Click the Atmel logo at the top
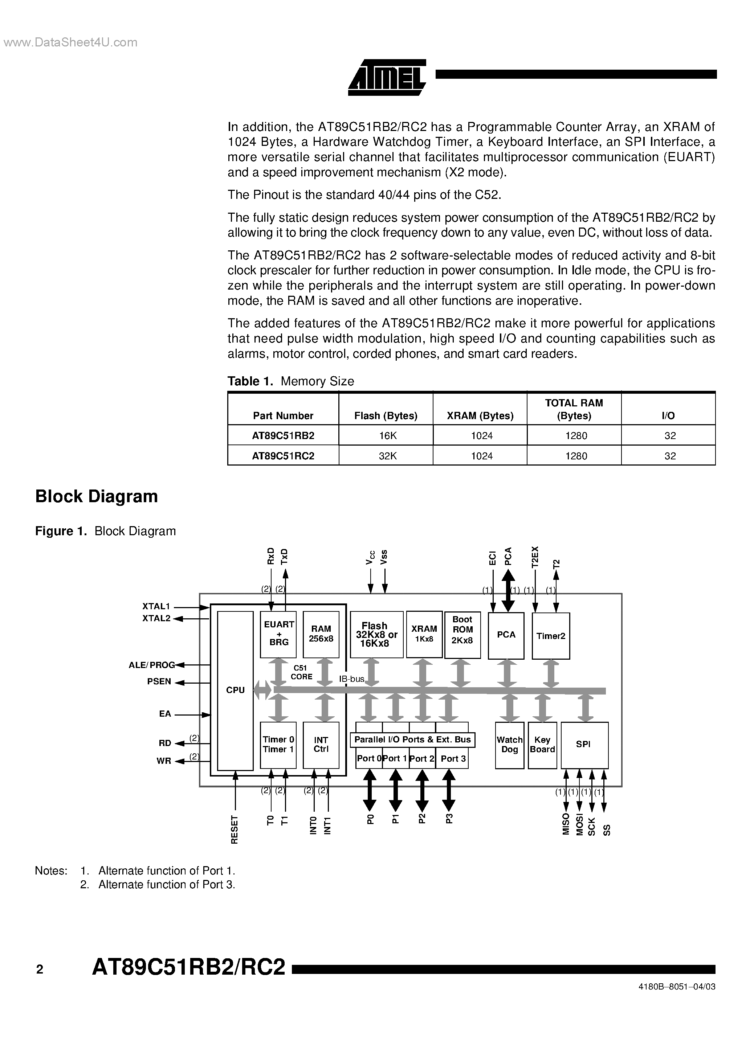coord(387,77)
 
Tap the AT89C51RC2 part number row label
coord(283,456)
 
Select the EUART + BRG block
coord(278,634)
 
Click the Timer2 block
coord(550,636)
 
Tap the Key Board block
coord(542,745)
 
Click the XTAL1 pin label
coord(156,606)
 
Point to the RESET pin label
coord(235,829)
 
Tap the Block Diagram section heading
coord(97,496)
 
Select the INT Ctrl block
coord(321,745)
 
